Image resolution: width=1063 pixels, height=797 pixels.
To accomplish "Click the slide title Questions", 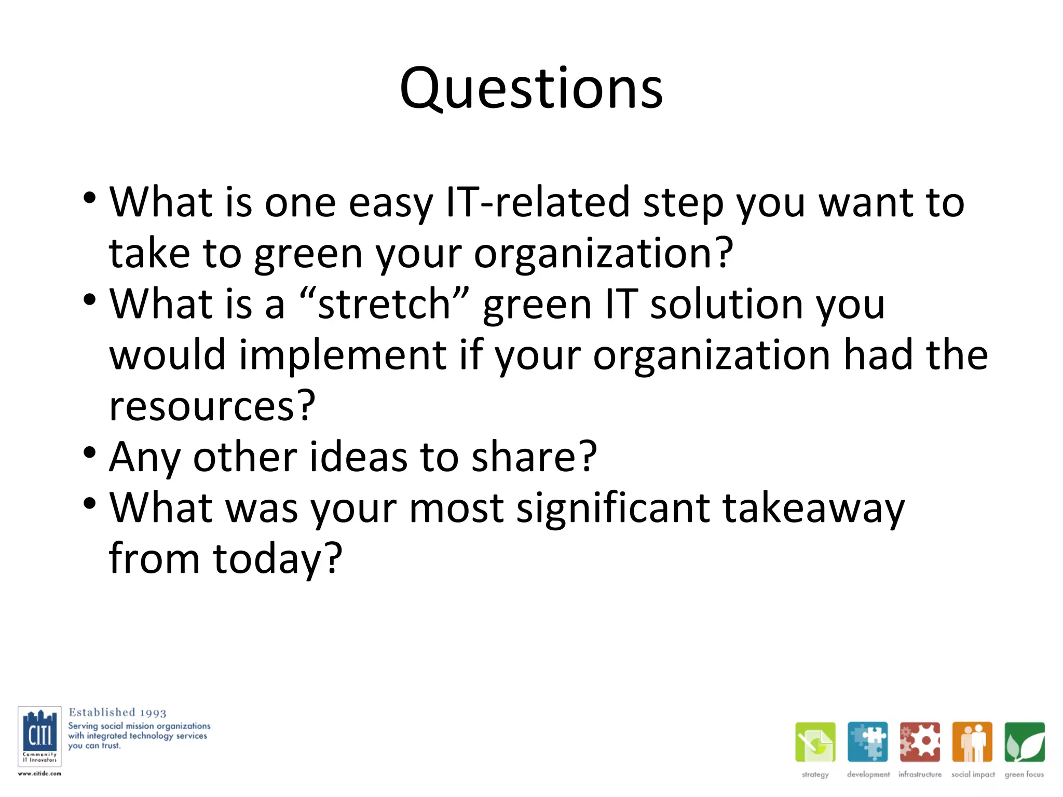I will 531,89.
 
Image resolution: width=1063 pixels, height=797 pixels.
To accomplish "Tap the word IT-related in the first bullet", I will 538,202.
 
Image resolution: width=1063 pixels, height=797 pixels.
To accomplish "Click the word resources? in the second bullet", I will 212,406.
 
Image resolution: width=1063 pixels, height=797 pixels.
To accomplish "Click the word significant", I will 613,509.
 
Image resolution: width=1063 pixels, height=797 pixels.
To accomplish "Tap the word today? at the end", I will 278,559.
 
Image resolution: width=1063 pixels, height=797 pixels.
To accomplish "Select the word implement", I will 343,355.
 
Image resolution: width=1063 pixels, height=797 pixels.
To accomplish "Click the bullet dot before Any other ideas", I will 90,452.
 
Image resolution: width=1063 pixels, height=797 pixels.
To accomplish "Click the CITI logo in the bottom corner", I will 39,736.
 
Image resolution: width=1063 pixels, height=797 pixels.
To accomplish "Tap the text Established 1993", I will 117,712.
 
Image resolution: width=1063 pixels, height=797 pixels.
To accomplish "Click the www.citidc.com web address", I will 39,774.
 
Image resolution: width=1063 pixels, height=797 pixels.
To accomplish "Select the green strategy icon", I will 815,742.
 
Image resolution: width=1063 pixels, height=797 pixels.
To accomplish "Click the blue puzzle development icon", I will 867,742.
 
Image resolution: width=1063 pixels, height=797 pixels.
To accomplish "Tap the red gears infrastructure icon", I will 920,742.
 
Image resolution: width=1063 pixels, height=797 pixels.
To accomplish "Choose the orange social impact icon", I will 972,742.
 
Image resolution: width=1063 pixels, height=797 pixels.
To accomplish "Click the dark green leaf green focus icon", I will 1024,742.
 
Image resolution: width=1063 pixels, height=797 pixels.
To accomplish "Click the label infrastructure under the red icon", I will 920,774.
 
